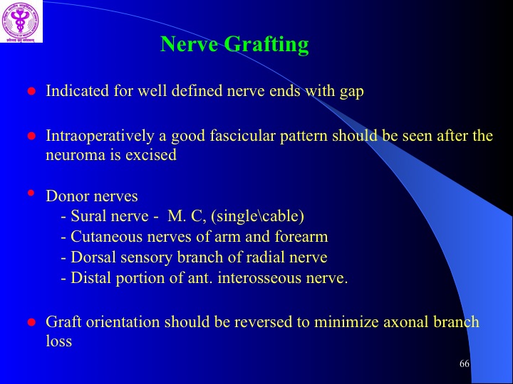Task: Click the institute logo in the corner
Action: coord(21,21)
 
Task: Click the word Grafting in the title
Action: coord(266,44)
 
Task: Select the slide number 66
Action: coord(465,363)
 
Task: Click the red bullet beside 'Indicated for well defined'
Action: coord(31,91)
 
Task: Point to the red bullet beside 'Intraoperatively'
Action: coord(31,136)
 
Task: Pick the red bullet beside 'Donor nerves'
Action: coord(31,193)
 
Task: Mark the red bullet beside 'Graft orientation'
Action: coord(31,322)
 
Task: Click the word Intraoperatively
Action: coord(100,136)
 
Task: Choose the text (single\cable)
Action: coord(258,216)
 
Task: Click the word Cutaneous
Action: coord(107,237)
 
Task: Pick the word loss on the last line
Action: coord(59,341)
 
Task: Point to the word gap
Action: coord(352,92)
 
